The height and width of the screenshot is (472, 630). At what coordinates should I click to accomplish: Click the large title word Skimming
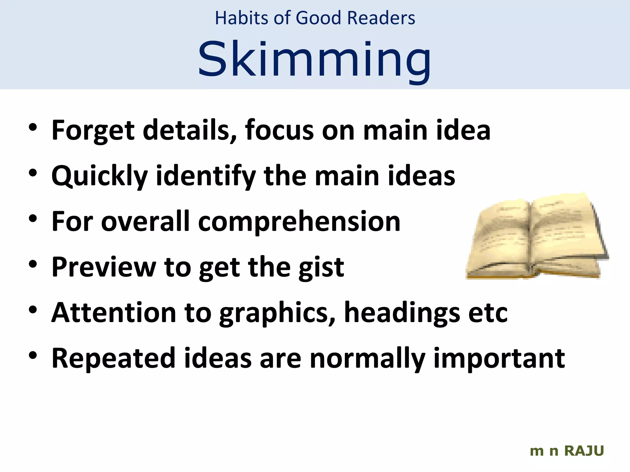(314, 60)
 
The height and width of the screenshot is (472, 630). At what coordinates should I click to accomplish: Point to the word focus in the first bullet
(279, 130)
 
